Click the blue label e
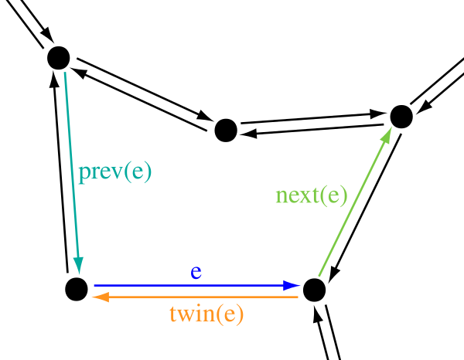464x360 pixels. [196, 273]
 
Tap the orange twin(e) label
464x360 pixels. [206, 314]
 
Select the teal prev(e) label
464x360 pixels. [114, 173]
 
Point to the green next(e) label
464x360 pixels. [312, 196]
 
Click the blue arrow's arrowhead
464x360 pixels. [292, 286]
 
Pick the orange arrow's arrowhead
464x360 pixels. [101, 297]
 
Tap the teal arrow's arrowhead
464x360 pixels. [78, 265]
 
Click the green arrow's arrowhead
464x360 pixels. [387, 135]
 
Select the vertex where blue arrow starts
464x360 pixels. [77, 290]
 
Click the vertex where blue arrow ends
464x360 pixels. [314, 290]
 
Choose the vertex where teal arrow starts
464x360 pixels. [59, 58]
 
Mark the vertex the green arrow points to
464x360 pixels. [401, 117]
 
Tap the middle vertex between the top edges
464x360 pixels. [226, 131]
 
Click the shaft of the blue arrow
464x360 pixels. [189, 286]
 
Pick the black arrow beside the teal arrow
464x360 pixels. [60, 172]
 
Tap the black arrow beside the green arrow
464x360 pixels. [364, 208]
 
